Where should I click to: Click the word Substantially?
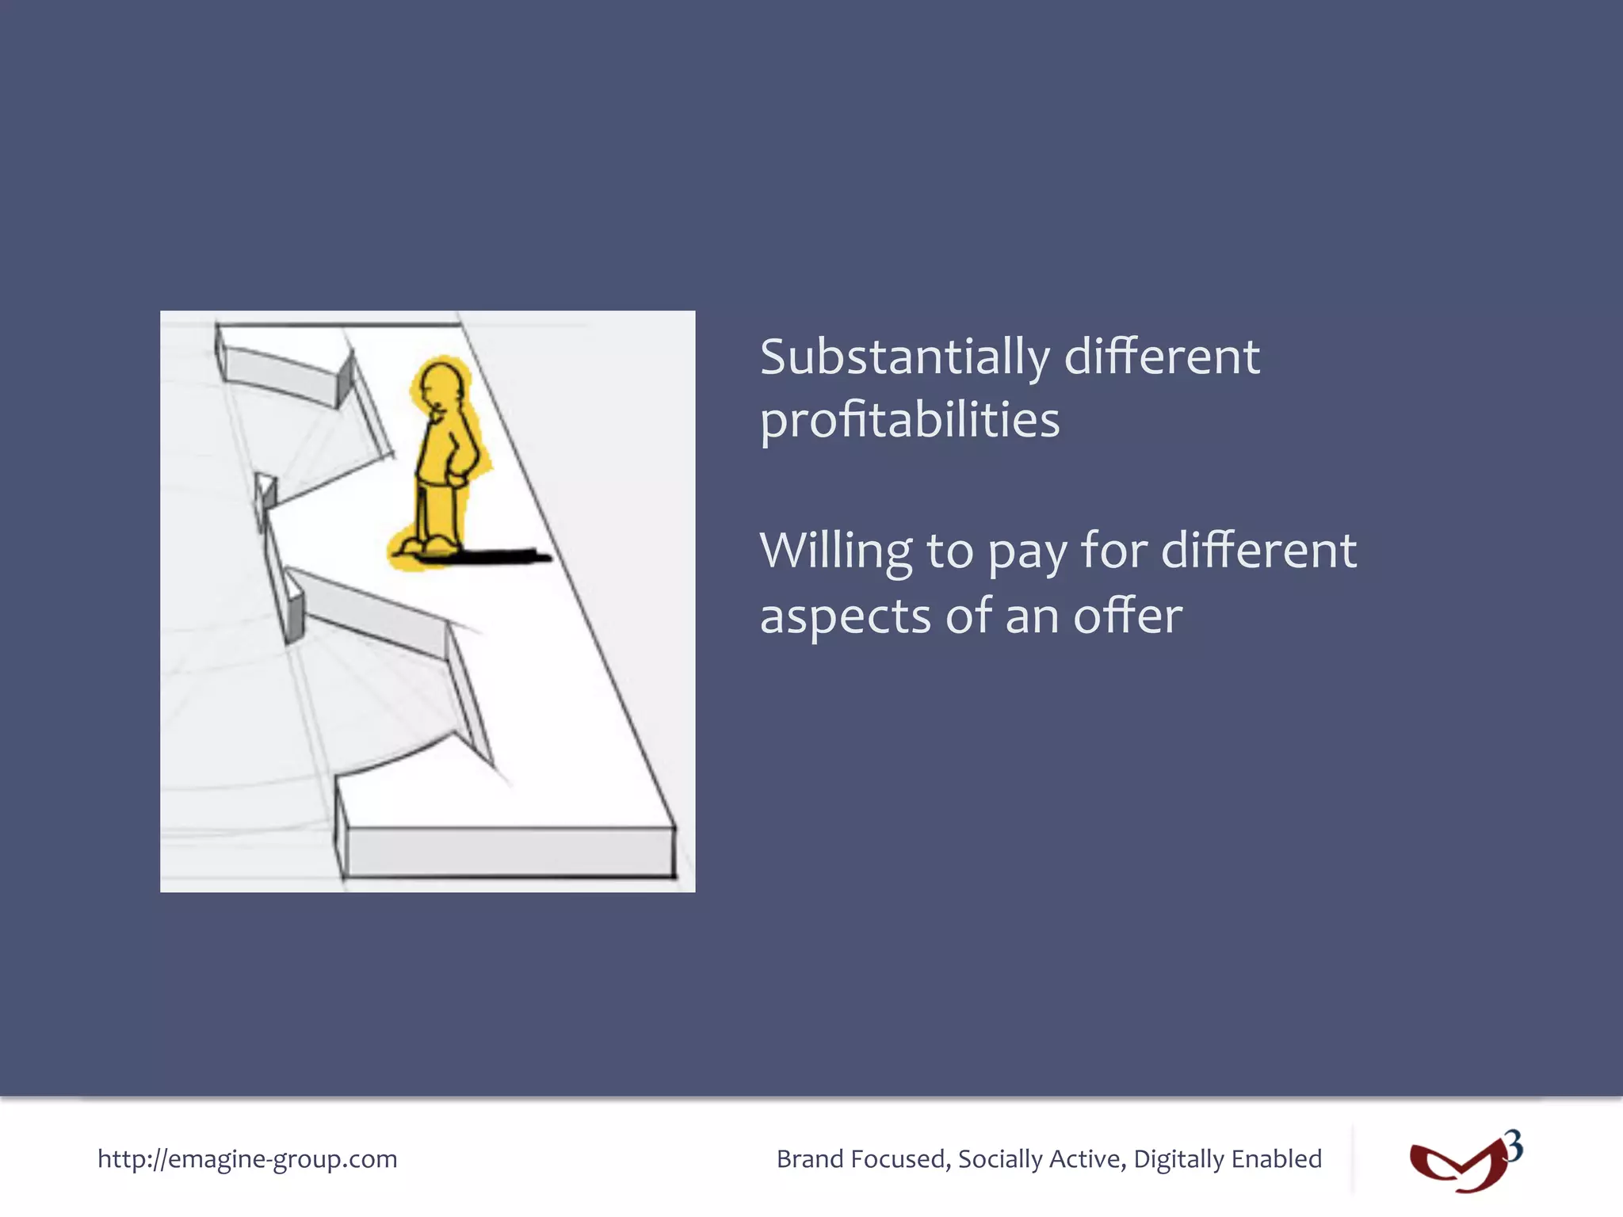pyautogui.click(x=903, y=358)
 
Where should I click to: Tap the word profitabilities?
pyautogui.click(x=909, y=421)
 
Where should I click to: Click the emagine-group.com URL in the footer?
pyautogui.click(x=247, y=1159)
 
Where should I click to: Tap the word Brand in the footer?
pyautogui.click(x=809, y=1159)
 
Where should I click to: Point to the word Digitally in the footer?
pyautogui.click(x=1178, y=1159)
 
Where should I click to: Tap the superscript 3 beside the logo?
pyautogui.click(x=1514, y=1146)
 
